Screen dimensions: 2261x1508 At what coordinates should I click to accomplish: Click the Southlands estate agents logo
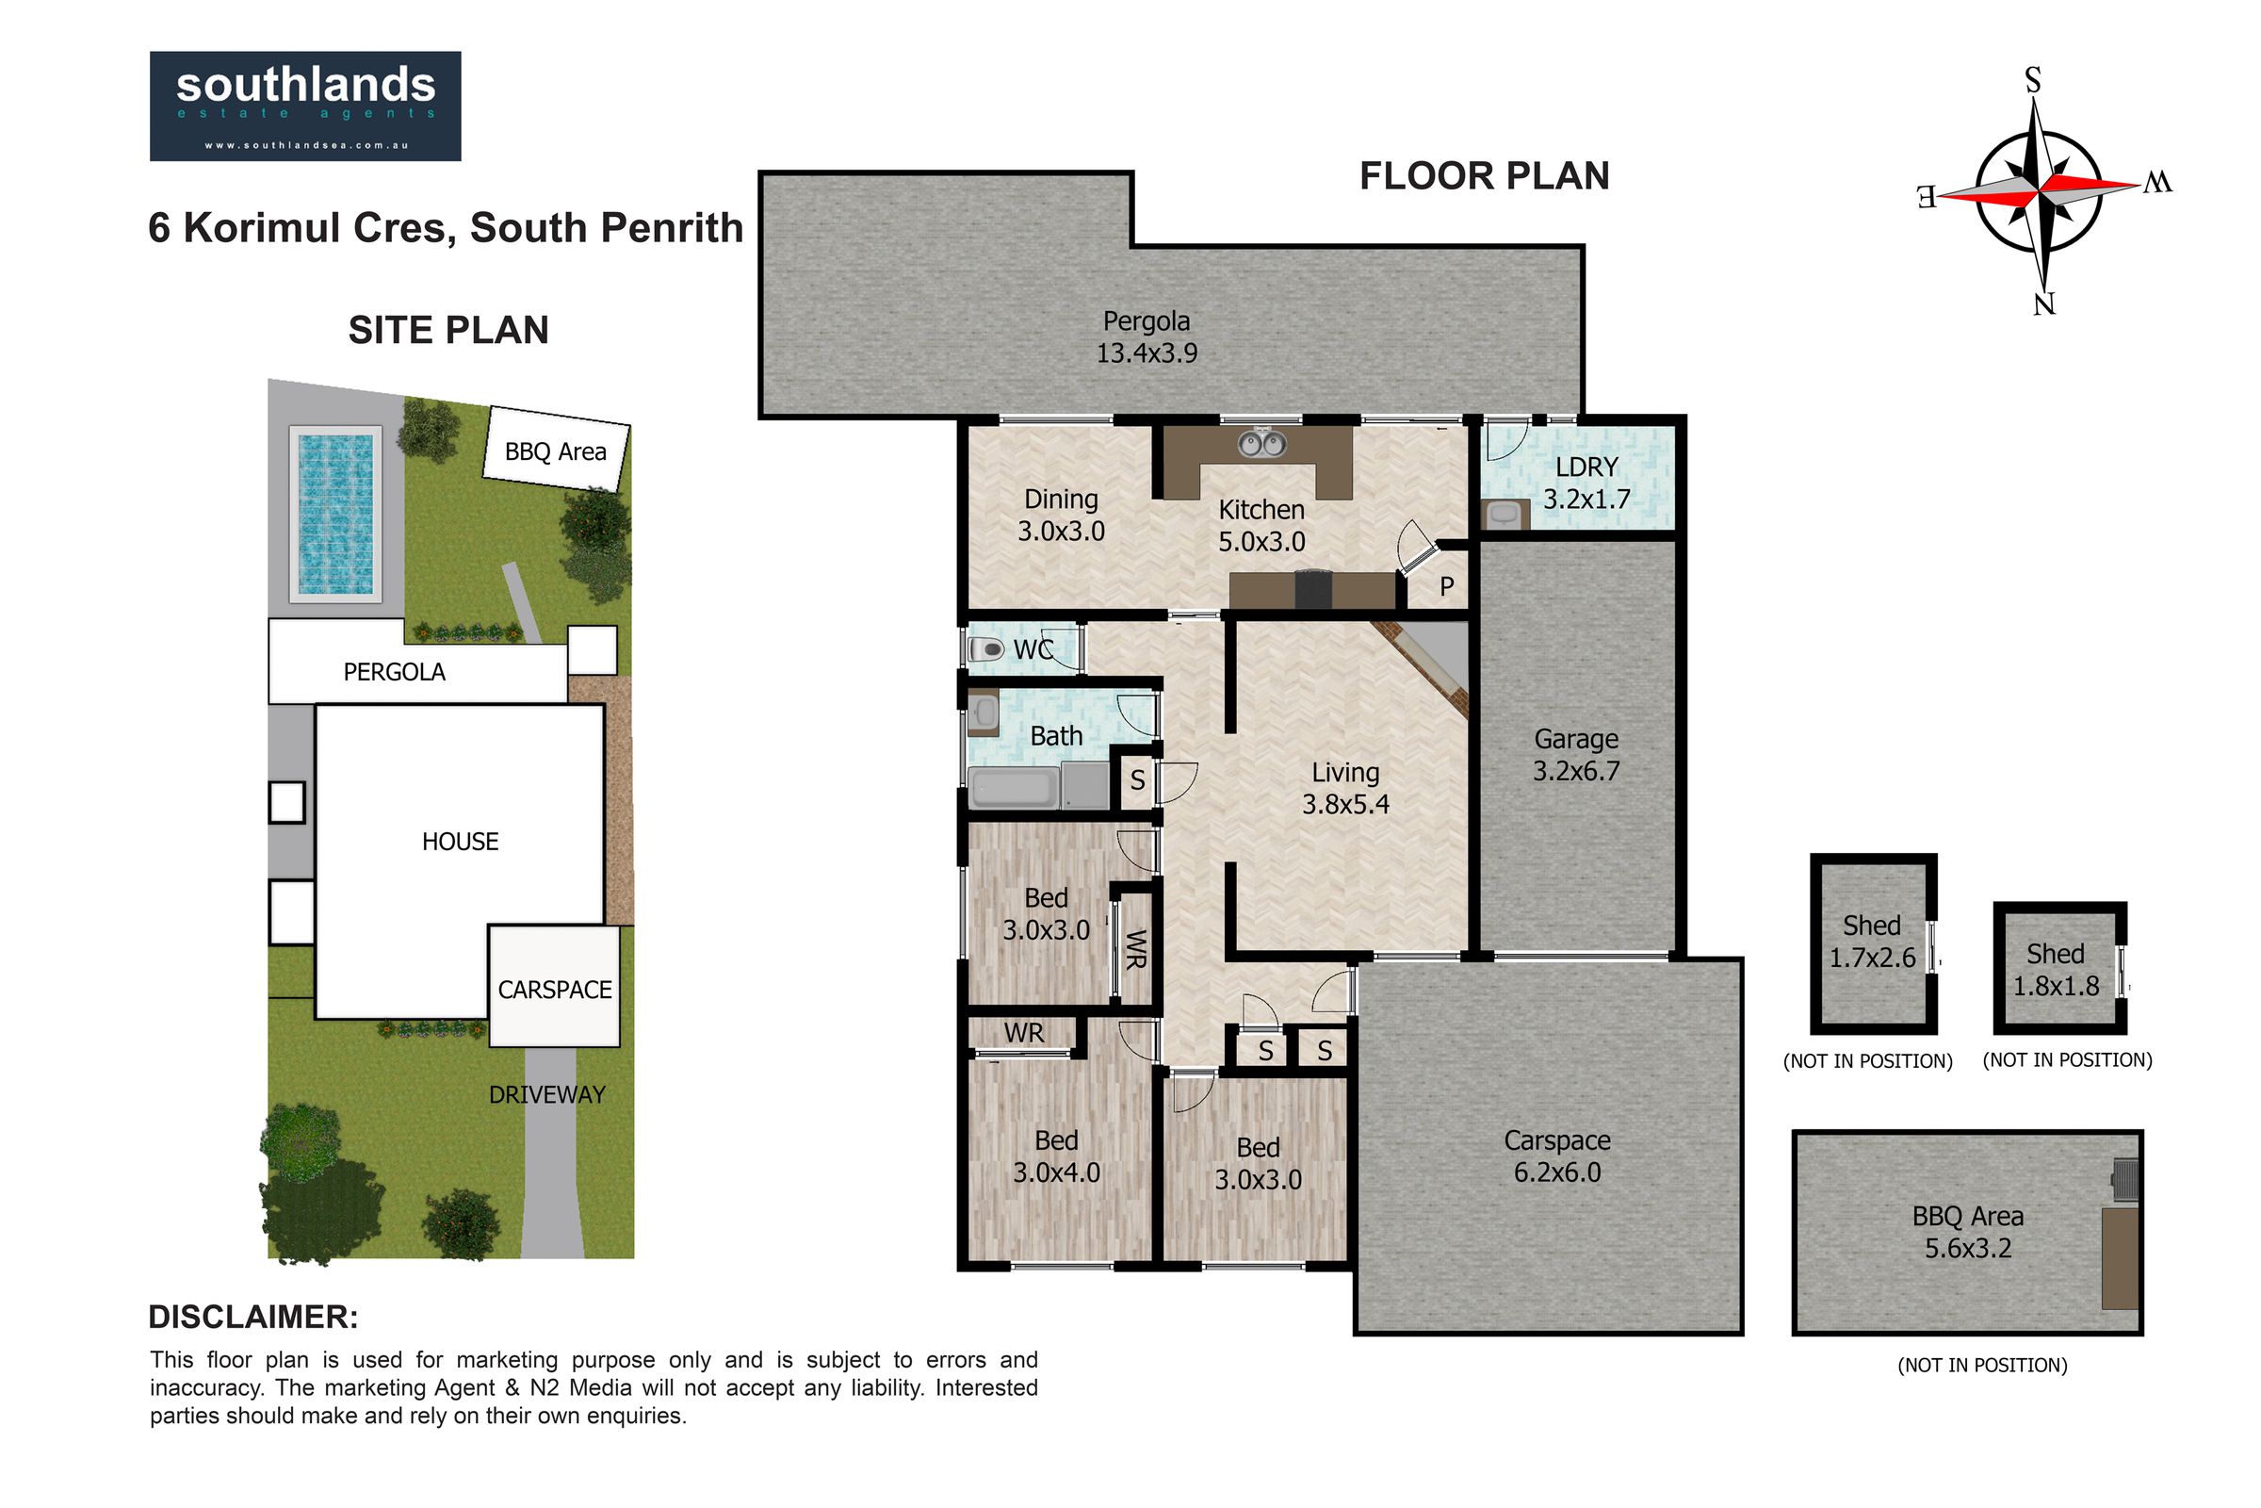click(x=304, y=106)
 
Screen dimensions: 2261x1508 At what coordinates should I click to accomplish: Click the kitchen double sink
click(x=1261, y=443)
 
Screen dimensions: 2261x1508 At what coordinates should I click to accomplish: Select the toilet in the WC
click(x=986, y=650)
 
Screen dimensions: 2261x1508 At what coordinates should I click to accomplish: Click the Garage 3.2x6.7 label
click(x=1575, y=755)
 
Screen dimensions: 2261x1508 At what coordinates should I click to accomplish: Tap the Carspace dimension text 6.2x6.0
click(x=1557, y=1172)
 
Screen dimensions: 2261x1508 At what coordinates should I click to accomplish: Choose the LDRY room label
click(x=1586, y=467)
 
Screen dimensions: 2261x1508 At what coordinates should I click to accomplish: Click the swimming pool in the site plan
click(x=334, y=514)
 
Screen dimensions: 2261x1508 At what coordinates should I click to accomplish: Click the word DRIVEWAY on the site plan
click(x=547, y=1094)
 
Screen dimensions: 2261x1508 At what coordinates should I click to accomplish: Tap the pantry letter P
click(x=1447, y=586)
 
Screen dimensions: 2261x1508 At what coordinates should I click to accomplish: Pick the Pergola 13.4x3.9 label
click(x=1147, y=336)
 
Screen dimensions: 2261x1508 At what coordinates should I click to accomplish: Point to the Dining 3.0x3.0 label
click(x=1062, y=515)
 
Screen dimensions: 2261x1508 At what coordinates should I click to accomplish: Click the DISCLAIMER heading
click(x=252, y=1317)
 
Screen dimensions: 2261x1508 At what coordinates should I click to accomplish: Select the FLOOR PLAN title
click(x=1485, y=176)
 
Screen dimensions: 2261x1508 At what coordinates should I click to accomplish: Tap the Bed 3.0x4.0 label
click(x=1056, y=1156)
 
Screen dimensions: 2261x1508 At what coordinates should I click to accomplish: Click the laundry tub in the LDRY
click(x=1504, y=515)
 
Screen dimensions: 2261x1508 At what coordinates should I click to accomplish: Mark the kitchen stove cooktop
click(x=1314, y=590)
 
